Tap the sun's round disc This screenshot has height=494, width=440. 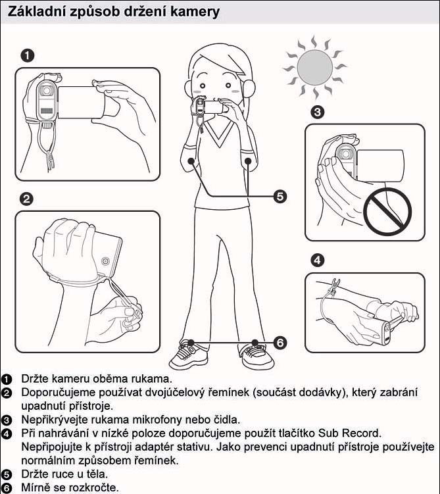click(314, 67)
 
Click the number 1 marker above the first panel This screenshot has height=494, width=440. click(28, 56)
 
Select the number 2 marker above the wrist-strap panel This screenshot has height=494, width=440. click(26, 199)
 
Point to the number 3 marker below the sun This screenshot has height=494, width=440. click(318, 112)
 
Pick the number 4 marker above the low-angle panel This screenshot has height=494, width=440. click(318, 260)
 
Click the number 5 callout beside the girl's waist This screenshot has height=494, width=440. click(280, 196)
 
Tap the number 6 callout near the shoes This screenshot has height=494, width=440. click(280, 343)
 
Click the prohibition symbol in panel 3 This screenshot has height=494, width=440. click(387, 211)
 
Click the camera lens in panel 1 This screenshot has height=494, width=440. click(47, 91)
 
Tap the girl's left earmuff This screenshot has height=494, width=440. click(248, 88)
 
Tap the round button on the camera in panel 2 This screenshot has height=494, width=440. click(105, 261)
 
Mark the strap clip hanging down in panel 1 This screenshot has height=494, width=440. click(51, 160)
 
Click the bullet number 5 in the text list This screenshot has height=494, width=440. click(7, 474)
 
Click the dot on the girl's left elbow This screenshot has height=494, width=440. click(248, 161)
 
